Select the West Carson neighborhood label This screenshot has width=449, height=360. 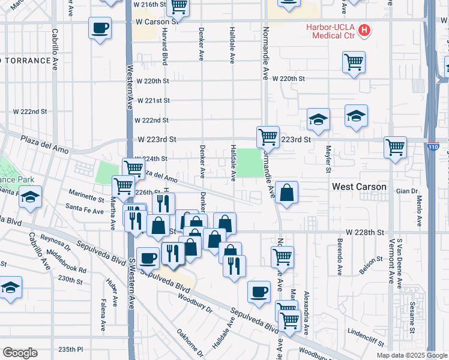(360, 187)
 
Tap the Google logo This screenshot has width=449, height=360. (20, 353)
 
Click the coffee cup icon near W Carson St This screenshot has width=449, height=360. (100, 28)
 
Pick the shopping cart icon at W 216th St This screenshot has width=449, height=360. (178, 7)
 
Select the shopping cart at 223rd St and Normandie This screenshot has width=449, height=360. (267, 136)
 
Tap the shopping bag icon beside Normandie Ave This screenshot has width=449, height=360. (288, 193)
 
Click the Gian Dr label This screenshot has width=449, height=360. (406, 191)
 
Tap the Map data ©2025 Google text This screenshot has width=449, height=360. (412, 355)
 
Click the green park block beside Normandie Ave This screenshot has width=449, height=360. (249, 163)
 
